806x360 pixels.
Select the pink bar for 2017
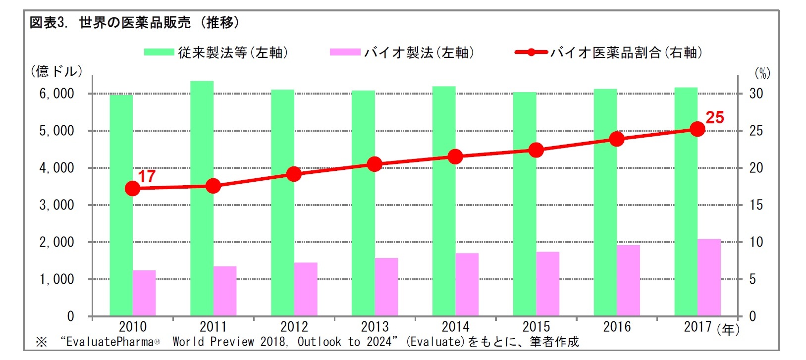(709, 277)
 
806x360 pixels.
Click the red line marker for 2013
(375, 164)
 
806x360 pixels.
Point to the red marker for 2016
(617, 139)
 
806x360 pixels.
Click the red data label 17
(147, 176)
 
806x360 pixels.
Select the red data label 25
(714, 118)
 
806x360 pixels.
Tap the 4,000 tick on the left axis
(56, 168)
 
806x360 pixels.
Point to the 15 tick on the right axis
(756, 205)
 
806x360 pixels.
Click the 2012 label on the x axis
(294, 327)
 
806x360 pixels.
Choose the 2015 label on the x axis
(536, 327)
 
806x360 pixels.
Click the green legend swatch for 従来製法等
(159, 52)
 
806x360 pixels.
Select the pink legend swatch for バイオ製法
(345, 52)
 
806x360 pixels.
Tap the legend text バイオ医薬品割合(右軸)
(626, 52)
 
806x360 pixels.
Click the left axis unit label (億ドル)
(56, 71)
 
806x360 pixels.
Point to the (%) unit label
(762, 74)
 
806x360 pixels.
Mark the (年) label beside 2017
(728, 329)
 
